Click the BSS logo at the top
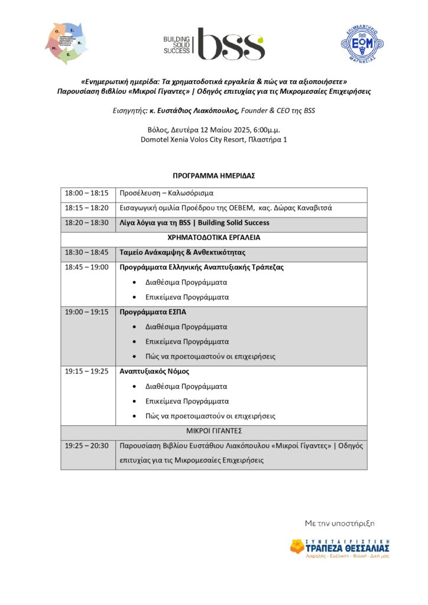[214, 44]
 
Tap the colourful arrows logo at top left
[66, 43]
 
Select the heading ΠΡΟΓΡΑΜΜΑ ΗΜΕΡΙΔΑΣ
[213, 176]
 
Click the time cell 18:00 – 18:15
[87, 193]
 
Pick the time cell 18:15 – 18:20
[87, 208]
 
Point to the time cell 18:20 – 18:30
[87, 223]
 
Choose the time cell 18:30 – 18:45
[87, 252]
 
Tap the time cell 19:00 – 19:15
[87, 312]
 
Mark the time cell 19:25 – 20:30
[87, 445]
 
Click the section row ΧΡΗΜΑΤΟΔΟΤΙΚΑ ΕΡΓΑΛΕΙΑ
[213, 238]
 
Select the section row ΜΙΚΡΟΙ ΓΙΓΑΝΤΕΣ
[213, 431]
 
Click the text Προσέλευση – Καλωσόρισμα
[166, 193]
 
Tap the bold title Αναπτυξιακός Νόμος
[154, 372]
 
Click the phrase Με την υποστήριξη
[339, 523]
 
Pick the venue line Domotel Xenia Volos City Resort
[213, 139]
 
